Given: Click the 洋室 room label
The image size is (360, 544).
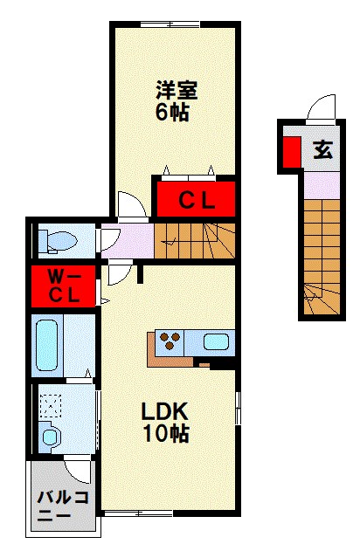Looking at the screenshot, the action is pos(177,90).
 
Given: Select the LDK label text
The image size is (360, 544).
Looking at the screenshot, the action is pos(164,412).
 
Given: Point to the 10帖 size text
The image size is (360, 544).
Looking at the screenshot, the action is pos(166,433).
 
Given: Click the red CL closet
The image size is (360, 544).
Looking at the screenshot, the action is pos(196,199).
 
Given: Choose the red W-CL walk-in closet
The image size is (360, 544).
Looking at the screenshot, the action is pos(64,286).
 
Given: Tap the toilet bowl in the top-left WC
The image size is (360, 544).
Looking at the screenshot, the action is pos(58,241).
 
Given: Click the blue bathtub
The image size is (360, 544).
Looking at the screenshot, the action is pos(46,346).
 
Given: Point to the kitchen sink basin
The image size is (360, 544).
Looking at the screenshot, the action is pos(216,341).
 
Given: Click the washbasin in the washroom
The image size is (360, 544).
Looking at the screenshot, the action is pos(50,437).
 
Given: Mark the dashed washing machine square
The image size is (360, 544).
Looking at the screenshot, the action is pos(51,405).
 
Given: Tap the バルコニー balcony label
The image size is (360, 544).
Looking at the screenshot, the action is pos(63,506).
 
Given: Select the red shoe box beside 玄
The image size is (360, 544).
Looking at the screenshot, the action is pos(292,152).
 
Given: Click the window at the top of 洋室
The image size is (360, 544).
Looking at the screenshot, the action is pos(170,24).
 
